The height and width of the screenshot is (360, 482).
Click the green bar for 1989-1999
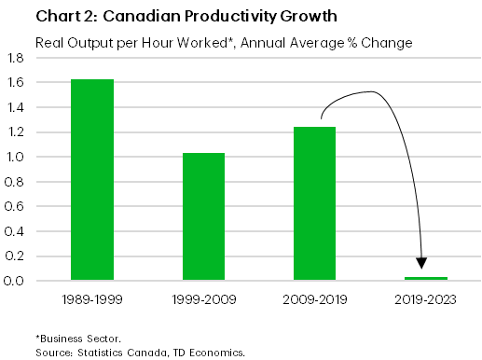[93, 179]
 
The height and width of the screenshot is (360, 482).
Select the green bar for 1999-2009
[203, 216]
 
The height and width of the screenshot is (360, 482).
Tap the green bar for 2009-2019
[314, 202]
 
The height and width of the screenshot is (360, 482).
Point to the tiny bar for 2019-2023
[424, 278]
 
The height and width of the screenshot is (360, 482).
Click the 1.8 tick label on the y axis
[15, 58]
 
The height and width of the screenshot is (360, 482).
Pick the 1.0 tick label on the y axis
[15, 157]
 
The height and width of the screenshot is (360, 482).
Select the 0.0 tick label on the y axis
[15, 281]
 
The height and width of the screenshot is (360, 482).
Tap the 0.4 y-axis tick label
[15, 231]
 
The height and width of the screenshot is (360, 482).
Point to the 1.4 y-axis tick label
[15, 107]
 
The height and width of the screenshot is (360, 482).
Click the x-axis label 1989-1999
[93, 300]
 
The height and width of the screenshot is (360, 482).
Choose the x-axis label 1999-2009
[203, 300]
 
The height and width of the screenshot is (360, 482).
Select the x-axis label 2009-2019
[314, 300]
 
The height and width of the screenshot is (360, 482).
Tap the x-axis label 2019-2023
[424, 300]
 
